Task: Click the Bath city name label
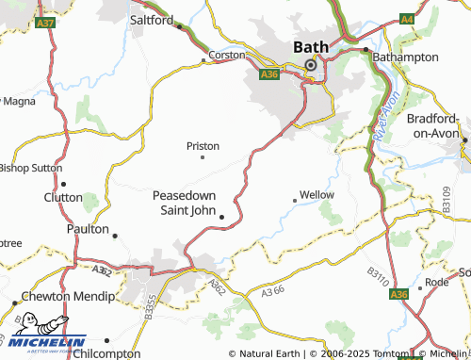[x=310, y=46]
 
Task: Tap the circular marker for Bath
[x=310, y=65]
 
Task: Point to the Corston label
[x=226, y=55]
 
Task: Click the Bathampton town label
[x=406, y=57]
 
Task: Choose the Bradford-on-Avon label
[x=438, y=126]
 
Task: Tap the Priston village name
[x=203, y=146]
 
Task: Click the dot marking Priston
[x=203, y=157]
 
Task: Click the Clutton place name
[x=63, y=197]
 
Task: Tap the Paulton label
[x=89, y=229]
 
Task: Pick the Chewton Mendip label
[x=59, y=296]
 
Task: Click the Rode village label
[x=437, y=282]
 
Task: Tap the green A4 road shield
[x=406, y=19]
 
